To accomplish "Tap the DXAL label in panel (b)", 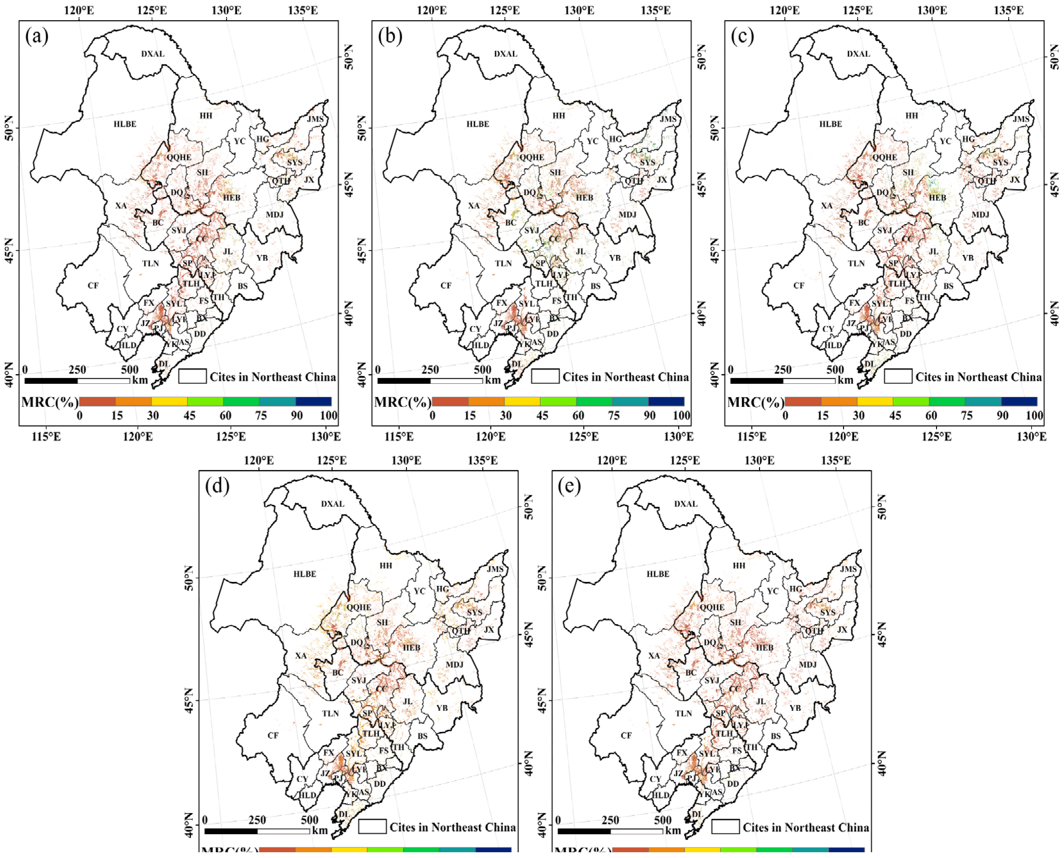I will pos(506,54).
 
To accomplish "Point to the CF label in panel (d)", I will pos(273,736).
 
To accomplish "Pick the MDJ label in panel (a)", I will pos(275,214).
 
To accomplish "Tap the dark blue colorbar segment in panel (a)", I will pos(313,401).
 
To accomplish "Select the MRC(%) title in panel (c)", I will pos(756,402).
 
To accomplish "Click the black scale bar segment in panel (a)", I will pos(51,381).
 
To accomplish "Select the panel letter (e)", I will pos(569,486).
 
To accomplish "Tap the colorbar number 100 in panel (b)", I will pos(681,416).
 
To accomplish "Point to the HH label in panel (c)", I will pos(911,116).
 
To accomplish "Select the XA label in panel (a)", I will pos(121,206).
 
